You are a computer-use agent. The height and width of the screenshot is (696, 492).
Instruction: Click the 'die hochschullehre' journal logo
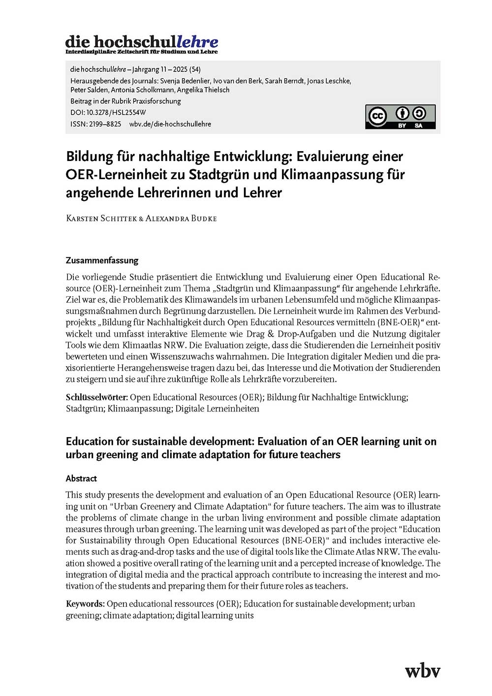click(x=142, y=44)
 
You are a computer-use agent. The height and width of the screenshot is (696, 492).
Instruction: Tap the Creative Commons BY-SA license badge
click(x=400, y=117)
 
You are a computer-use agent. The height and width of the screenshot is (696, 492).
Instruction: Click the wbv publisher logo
click(x=422, y=670)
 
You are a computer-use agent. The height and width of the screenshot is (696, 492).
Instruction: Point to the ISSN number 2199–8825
click(x=105, y=124)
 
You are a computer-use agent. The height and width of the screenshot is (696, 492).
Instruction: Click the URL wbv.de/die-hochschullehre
click(x=170, y=124)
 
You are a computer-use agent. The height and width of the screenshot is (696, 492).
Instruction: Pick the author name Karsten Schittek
click(x=101, y=218)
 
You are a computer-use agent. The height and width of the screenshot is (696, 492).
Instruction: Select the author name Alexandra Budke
click(x=181, y=218)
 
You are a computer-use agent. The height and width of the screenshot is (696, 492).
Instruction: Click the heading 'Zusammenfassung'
click(x=102, y=260)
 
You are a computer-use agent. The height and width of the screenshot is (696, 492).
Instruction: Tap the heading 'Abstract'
click(x=81, y=478)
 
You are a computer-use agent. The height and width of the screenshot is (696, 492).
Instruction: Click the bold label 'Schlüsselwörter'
click(x=96, y=397)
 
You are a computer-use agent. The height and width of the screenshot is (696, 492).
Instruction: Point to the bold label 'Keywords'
click(x=85, y=604)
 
